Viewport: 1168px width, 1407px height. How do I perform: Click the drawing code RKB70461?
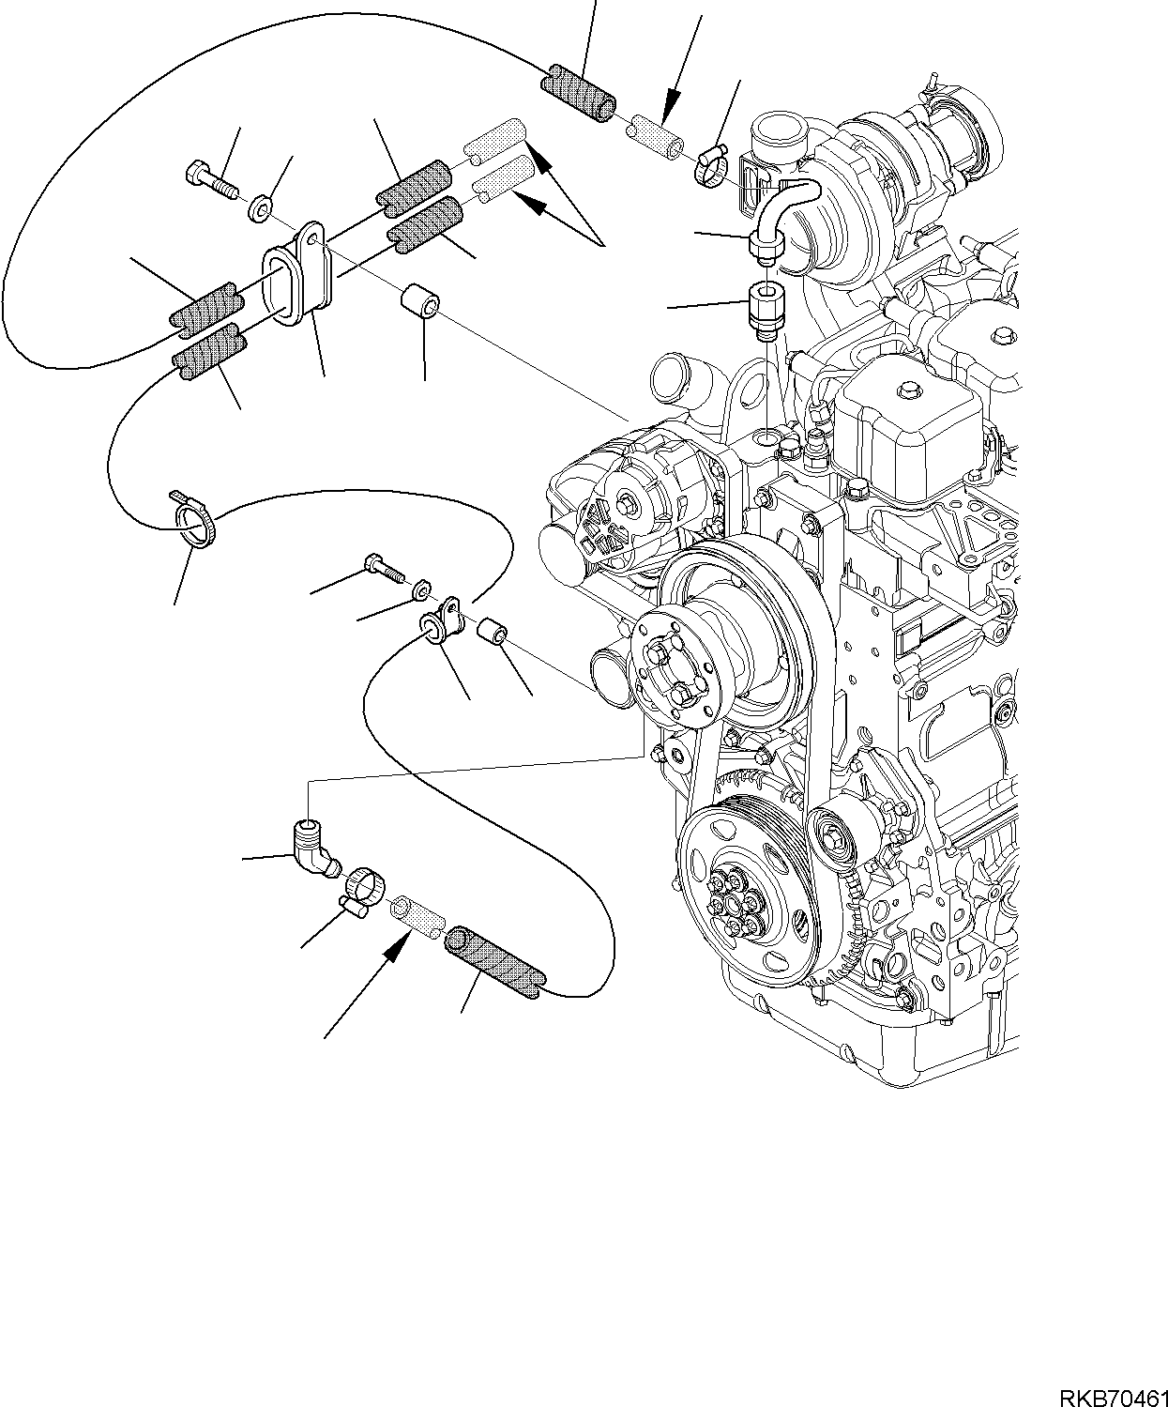[1114, 1394]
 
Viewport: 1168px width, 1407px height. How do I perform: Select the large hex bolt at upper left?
[211, 180]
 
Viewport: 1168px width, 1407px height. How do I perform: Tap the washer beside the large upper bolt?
[260, 207]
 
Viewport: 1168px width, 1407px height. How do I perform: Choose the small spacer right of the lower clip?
[493, 635]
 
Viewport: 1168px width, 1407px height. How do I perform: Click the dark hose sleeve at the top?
[579, 94]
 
